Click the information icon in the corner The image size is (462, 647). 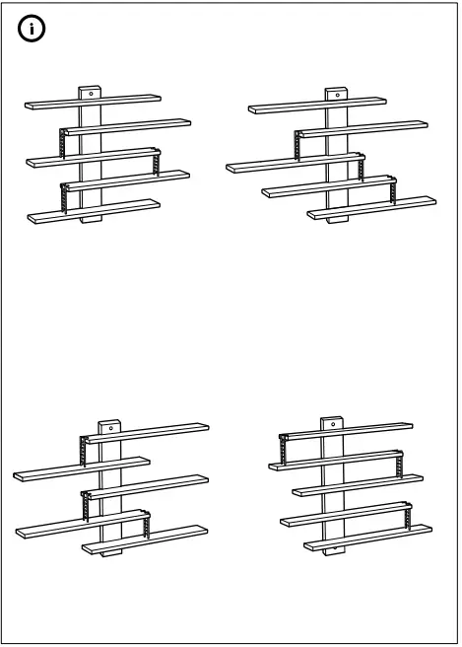(x=33, y=30)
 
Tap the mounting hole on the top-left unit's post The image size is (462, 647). (x=90, y=92)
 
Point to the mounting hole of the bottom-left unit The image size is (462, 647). (x=109, y=428)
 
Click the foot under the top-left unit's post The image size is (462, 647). (x=91, y=221)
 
